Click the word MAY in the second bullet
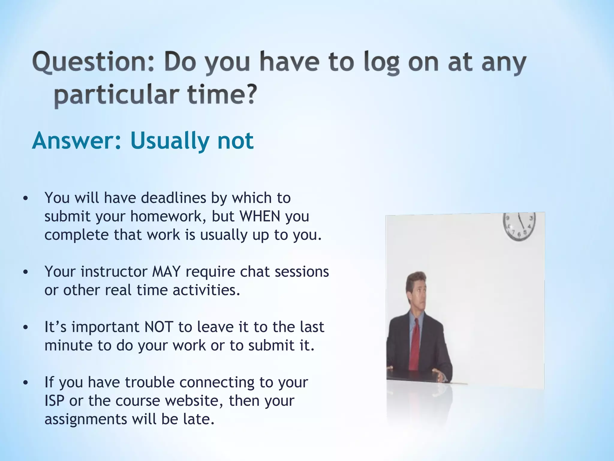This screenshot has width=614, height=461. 166,272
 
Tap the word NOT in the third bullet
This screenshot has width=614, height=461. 159,327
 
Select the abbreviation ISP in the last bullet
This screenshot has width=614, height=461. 54,401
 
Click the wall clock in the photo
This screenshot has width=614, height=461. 519,227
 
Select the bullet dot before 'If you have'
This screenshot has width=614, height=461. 25,383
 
